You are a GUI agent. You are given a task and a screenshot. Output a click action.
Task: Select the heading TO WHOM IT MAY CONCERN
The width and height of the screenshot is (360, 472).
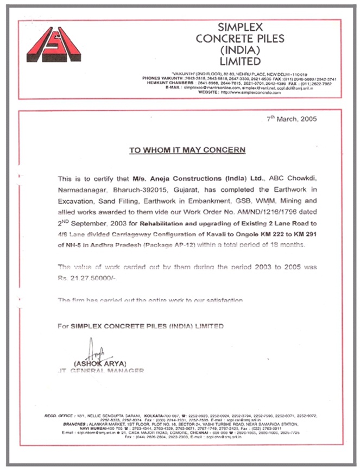pyautogui.click(x=187, y=150)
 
